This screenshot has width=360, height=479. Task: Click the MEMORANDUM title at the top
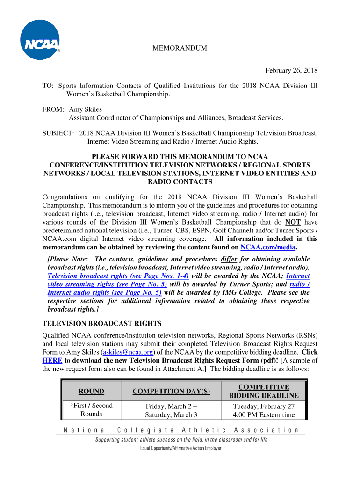[180, 48]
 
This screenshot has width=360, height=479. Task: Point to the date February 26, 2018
[291, 71]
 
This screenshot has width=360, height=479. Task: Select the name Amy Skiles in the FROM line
[86, 109]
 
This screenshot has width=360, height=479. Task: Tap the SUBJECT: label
[58, 133]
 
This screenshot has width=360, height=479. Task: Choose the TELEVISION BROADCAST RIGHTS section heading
[102, 323]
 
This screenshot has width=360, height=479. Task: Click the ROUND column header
[91, 391]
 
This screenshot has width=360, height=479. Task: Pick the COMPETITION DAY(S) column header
[171, 391]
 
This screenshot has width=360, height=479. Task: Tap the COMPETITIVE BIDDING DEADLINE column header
[264, 391]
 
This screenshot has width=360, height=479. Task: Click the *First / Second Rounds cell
[91, 410]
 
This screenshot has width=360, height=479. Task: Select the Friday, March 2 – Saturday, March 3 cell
[171, 410]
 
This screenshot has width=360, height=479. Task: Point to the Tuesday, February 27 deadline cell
[264, 406]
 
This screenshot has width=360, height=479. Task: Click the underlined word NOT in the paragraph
[293, 222]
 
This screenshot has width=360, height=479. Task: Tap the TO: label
[48, 86]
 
